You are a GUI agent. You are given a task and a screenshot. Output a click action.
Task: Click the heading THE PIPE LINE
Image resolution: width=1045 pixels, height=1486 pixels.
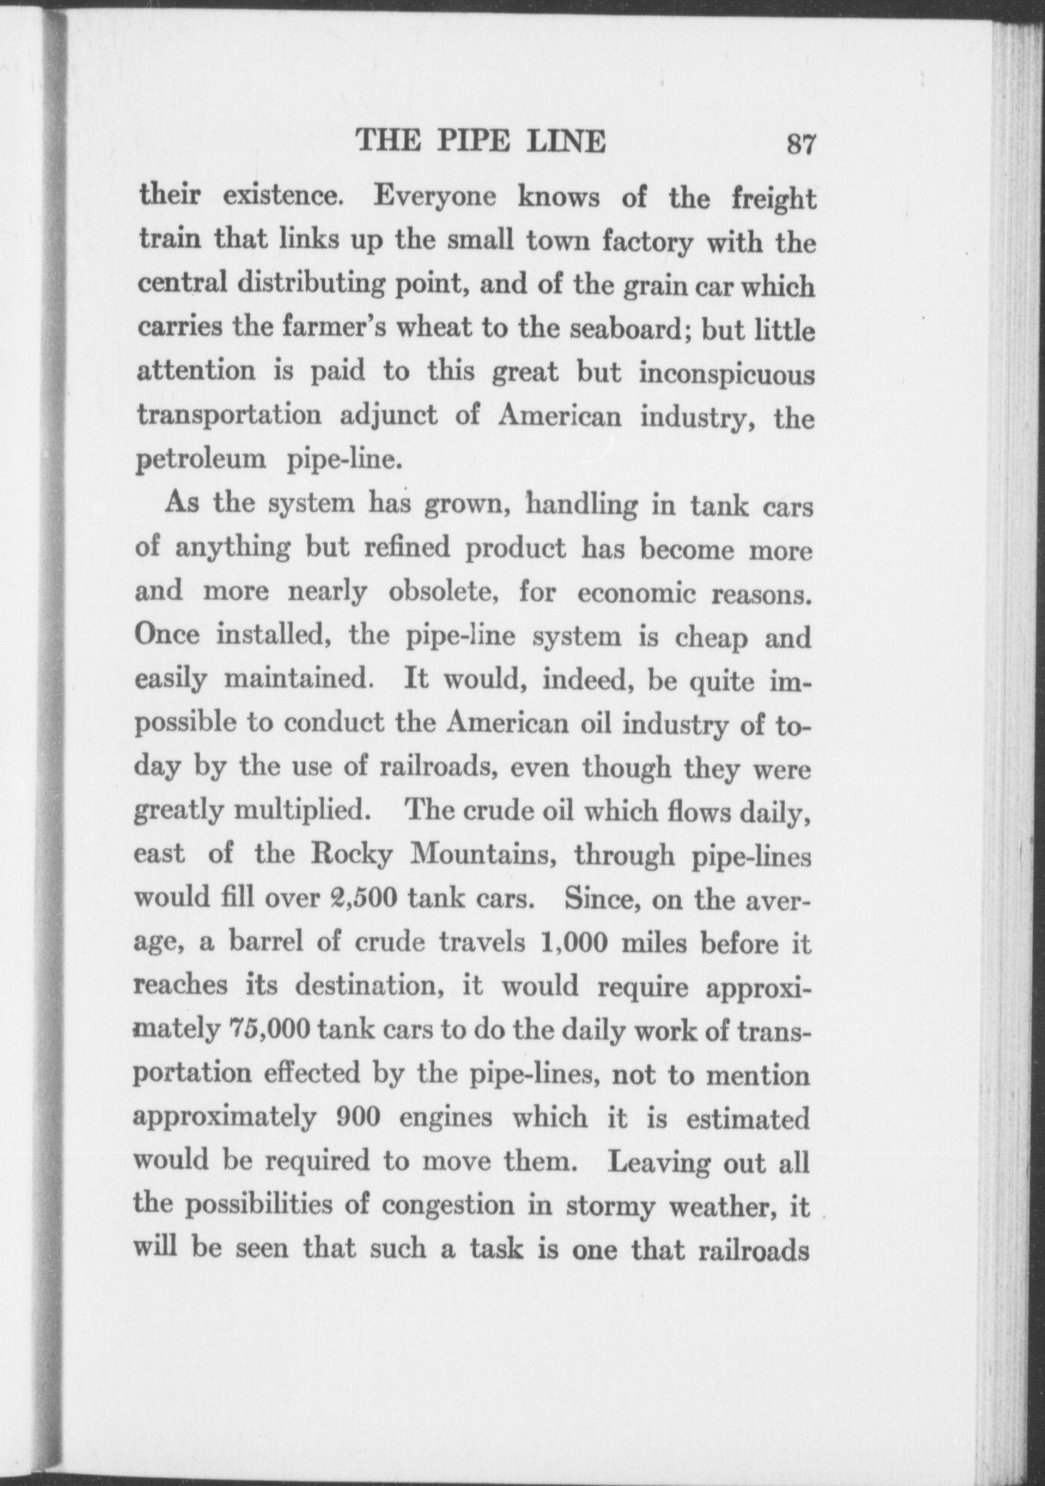[x=481, y=141]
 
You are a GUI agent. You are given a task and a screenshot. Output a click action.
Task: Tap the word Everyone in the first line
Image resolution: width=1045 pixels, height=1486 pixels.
[x=436, y=197]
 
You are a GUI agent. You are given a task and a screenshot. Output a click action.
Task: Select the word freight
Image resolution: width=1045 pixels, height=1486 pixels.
[x=774, y=199]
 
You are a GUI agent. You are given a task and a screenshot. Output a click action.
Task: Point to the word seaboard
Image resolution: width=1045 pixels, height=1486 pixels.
[x=629, y=329]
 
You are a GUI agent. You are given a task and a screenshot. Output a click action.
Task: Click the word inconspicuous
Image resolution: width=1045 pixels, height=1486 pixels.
[x=727, y=375]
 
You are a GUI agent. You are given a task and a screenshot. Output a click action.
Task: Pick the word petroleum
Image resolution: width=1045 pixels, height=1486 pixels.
[x=201, y=460]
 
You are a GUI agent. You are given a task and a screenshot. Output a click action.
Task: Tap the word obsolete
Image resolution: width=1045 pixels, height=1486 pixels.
[x=442, y=592]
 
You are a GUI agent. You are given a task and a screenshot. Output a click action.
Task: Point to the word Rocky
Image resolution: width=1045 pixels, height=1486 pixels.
[x=353, y=855]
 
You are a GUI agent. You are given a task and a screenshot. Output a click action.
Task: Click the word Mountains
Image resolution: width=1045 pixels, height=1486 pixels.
[x=484, y=856]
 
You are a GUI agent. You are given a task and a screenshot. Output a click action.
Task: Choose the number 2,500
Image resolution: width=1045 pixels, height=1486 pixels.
[x=365, y=899]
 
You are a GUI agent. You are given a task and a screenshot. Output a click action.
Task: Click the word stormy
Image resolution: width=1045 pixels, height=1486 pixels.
[x=610, y=1207]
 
